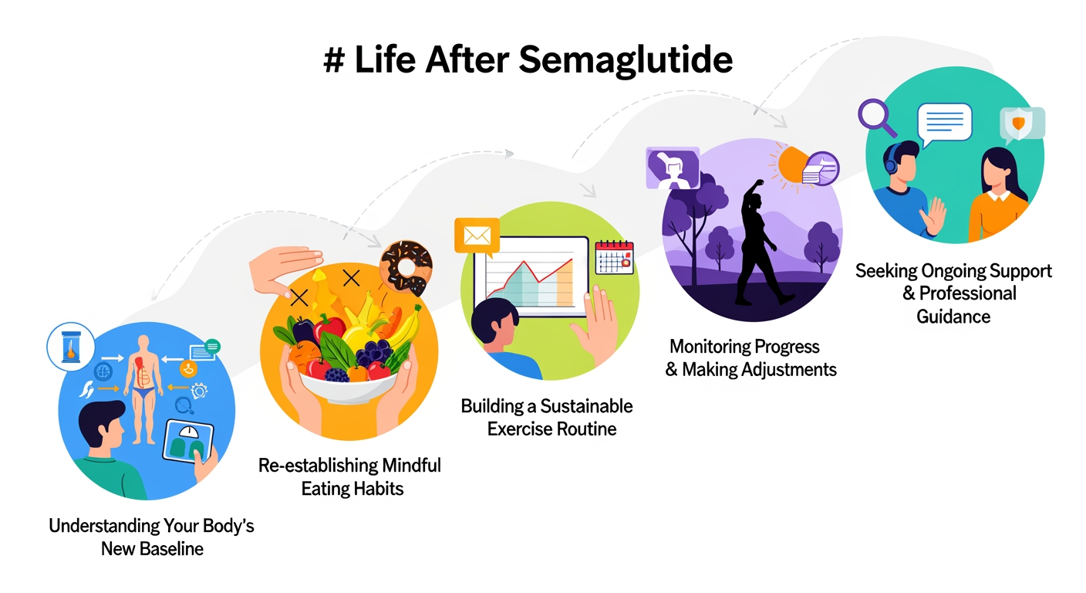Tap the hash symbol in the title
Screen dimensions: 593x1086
[x=333, y=59]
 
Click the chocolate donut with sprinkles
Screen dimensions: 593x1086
[x=406, y=266]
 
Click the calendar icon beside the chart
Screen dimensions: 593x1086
[x=614, y=257]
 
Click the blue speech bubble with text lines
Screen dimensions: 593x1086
[x=944, y=123]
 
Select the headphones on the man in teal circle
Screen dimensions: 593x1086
[x=892, y=162]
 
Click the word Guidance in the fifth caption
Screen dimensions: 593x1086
[x=953, y=317]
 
